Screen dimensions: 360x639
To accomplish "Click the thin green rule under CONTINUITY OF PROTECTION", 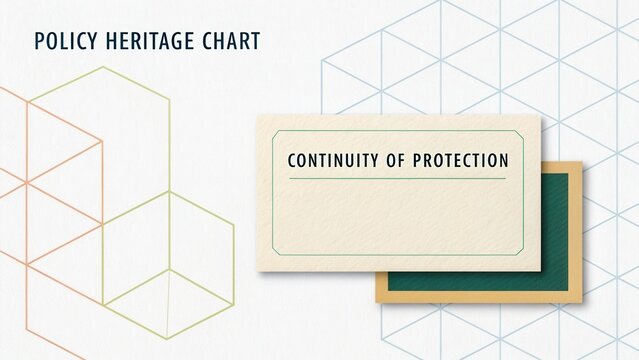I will coord(398,179).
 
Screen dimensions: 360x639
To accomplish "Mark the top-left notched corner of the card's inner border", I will coord(275,133).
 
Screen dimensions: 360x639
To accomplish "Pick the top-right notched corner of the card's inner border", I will coord(521,133).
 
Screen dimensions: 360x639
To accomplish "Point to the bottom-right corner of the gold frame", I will coord(582,302).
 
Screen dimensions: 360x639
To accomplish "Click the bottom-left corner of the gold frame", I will coord(377,302).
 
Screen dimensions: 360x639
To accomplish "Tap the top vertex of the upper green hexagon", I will coord(102,67).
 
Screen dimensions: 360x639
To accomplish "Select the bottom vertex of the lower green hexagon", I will coord(168,339).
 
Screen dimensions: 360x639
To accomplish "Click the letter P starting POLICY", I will coord(38,41).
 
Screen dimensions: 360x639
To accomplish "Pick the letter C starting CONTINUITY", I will coord(292,160).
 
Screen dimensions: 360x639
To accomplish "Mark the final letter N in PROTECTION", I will coord(503,160).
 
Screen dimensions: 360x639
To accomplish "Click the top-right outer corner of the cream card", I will coord(540,115).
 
